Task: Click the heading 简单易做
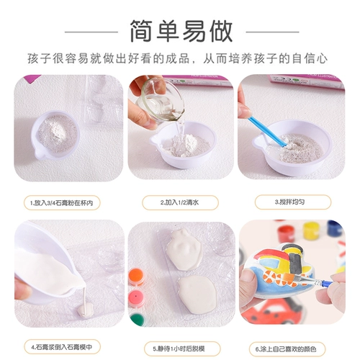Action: [x=181, y=31]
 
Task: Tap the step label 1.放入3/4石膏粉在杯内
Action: [x=62, y=203]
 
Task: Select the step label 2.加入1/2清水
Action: [x=180, y=202]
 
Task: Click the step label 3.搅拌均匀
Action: [x=290, y=202]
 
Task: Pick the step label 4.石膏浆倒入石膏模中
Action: [x=62, y=347]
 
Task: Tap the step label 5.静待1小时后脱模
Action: [x=179, y=348]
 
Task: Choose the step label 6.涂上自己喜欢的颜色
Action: [x=286, y=349]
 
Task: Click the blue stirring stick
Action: [x=267, y=131]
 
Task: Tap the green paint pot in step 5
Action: [x=138, y=320]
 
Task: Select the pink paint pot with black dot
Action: [x=136, y=298]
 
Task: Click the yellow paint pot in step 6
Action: [x=310, y=230]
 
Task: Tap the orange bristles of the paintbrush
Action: [x=290, y=278]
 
